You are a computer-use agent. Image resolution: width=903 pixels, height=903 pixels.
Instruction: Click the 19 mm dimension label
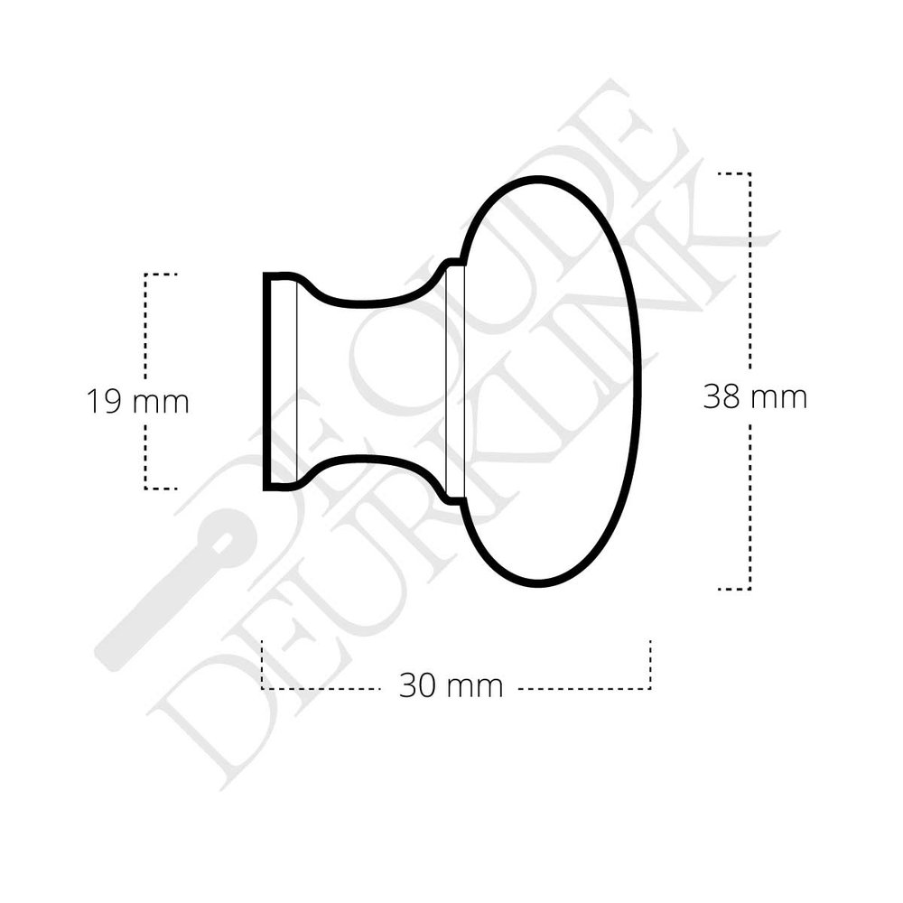137,400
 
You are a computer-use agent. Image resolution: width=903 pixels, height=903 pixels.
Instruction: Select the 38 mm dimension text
755,396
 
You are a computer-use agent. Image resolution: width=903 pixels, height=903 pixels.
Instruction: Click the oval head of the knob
551,379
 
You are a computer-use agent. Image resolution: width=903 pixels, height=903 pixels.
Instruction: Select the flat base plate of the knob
280,379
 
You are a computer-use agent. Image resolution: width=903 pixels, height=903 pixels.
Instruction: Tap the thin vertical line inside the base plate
296,379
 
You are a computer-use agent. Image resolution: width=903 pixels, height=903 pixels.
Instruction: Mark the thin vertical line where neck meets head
448,379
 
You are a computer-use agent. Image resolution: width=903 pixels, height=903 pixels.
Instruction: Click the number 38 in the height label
722,396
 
